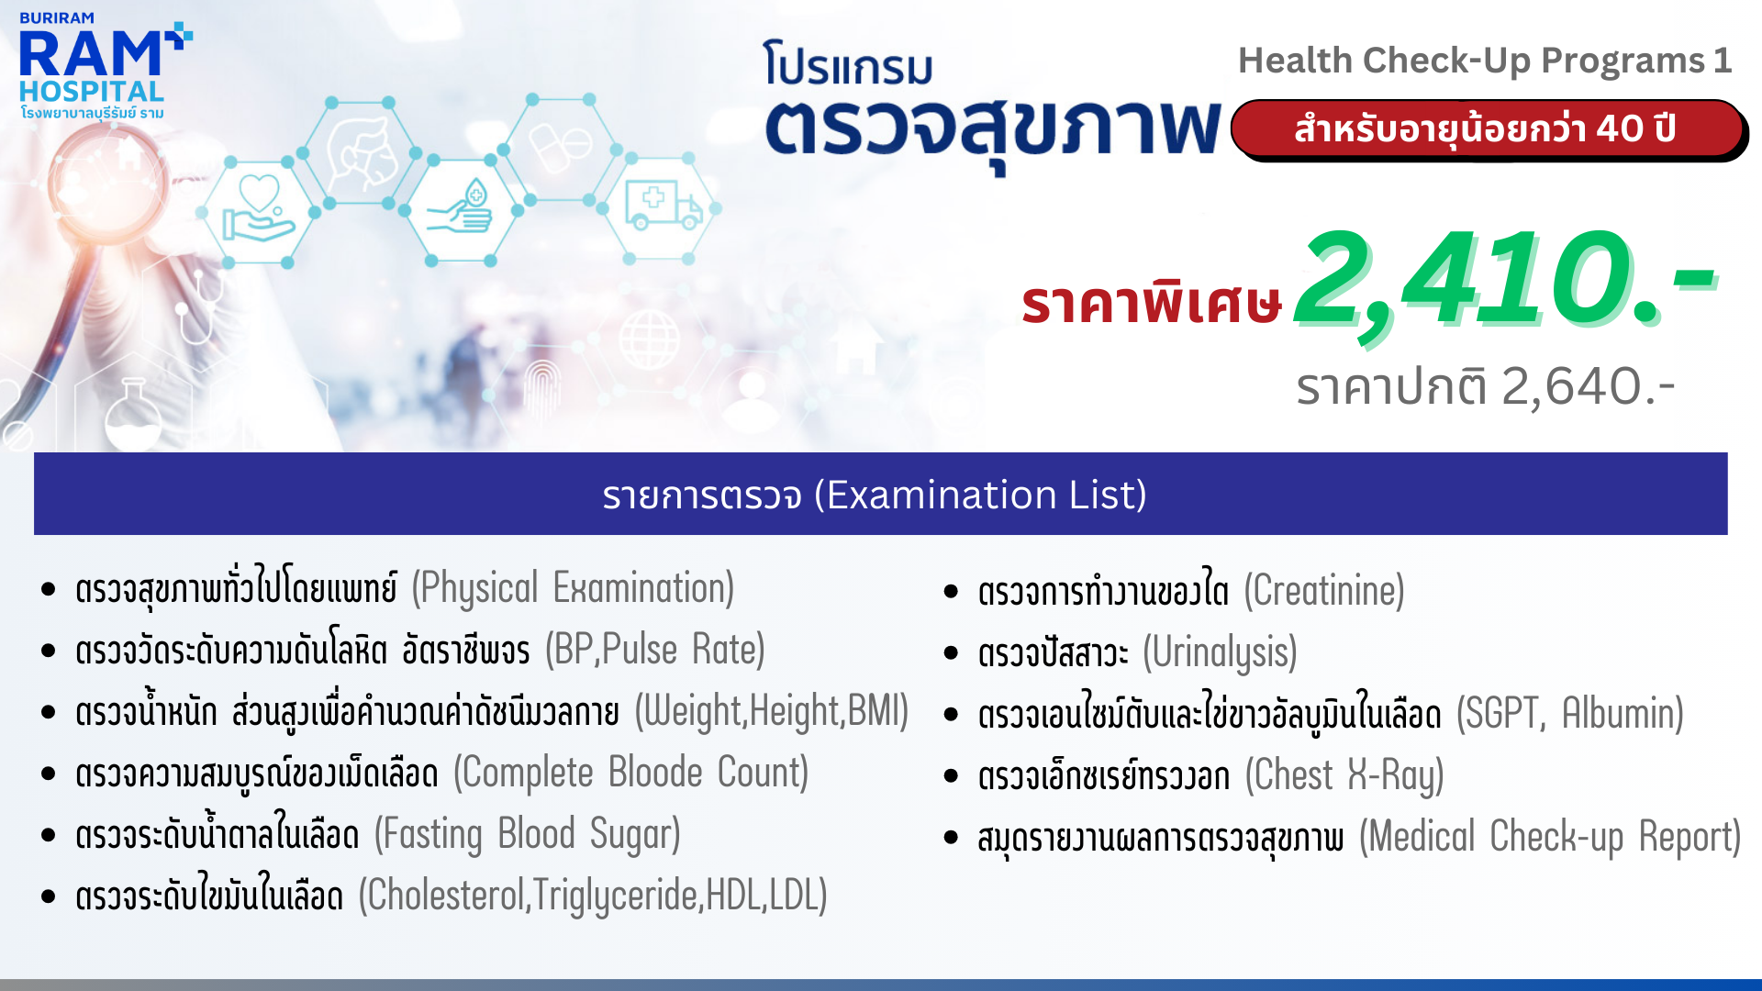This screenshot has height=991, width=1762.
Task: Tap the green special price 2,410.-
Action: [x=1505, y=281]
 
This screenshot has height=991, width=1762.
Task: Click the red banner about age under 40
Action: [x=1488, y=129]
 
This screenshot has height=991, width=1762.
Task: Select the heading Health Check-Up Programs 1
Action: [x=1485, y=61]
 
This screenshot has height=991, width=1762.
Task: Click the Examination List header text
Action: [x=875, y=495]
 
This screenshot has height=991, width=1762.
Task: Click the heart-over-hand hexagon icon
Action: [x=259, y=208]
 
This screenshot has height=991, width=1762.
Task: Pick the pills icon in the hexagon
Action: [x=559, y=146]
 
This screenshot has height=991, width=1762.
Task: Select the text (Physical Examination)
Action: [x=573, y=588]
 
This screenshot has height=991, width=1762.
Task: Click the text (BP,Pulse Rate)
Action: [x=655, y=650]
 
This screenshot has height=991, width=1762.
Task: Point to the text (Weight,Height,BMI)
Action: [x=772, y=711]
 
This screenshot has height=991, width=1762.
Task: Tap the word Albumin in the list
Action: [x=1623, y=714]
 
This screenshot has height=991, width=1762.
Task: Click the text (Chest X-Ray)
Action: [x=1344, y=775]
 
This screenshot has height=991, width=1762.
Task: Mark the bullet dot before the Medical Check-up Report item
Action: [x=951, y=838]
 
